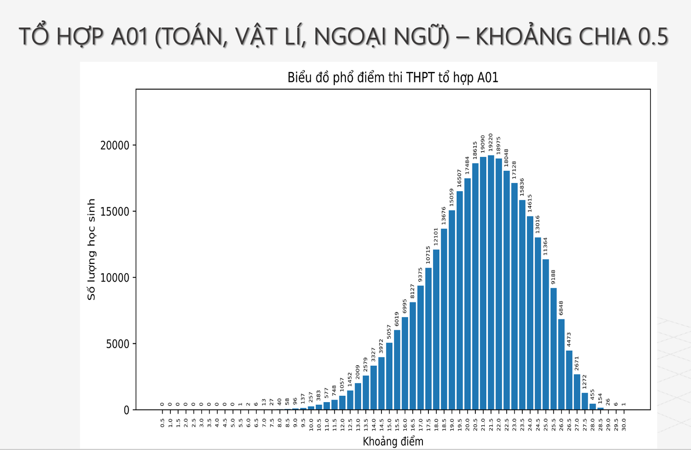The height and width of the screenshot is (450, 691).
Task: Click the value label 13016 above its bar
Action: pyautogui.click(x=537, y=224)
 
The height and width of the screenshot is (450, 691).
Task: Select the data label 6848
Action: pyautogui.click(x=561, y=308)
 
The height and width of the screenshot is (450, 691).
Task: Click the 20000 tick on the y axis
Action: pyautogui.click(x=115, y=146)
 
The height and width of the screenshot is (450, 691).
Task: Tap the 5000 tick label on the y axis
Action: pyautogui.click(x=118, y=345)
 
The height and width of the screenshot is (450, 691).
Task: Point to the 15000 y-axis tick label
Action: pyautogui.click(x=115, y=212)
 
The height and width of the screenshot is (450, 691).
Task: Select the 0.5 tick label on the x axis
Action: pyautogui.click(x=162, y=423)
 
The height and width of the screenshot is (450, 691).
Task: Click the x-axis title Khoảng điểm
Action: pyautogui.click(x=392, y=442)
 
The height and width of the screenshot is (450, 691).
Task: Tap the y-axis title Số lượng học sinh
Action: pyautogui.click(x=91, y=249)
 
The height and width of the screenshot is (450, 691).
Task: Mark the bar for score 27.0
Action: pyautogui.click(x=577, y=392)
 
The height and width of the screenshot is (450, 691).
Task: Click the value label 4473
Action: pyautogui.click(x=569, y=339)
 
